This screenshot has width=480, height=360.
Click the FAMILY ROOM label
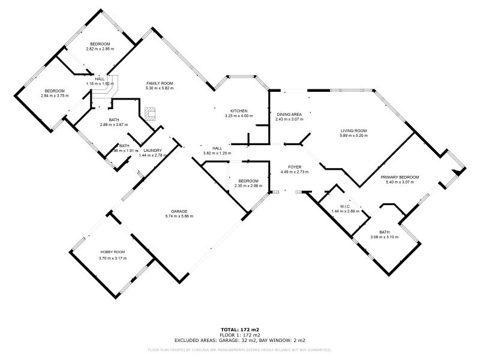159,83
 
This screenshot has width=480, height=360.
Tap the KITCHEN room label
239,111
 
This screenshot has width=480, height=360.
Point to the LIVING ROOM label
353,130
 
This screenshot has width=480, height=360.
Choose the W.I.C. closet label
345,206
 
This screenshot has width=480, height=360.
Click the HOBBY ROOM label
113,253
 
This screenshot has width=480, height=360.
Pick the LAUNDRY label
153,151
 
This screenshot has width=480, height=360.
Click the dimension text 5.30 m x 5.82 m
159,88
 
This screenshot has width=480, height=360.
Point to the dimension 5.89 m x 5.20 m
353,135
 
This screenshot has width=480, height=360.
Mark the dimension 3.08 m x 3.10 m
384,236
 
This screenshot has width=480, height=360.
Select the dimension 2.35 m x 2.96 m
248,185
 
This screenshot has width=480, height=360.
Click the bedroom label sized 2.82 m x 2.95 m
100,44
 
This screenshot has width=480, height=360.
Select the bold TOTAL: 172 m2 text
239,329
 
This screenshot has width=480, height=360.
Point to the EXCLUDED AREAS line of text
239,340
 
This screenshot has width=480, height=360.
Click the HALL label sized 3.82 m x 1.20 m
217,148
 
